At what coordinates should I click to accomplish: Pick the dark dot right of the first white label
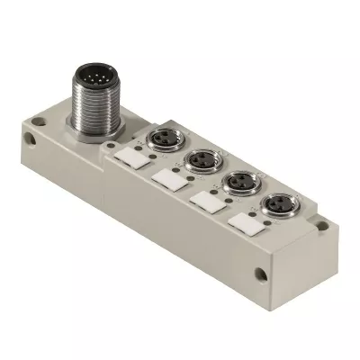[149, 171]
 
